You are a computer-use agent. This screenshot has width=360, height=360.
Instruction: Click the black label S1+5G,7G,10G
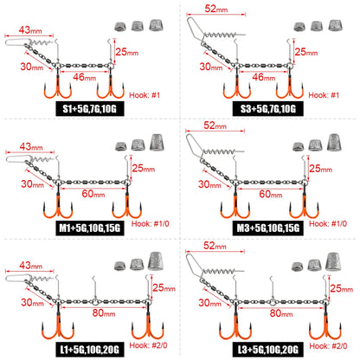click(90, 108)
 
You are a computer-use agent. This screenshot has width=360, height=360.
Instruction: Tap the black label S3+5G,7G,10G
click(268, 108)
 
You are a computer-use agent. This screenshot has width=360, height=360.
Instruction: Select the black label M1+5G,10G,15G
click(90, 228)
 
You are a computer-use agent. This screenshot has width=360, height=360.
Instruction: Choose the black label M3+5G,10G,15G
click(268, 228)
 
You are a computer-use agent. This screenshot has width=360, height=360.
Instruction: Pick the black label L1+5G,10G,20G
click(90, 350)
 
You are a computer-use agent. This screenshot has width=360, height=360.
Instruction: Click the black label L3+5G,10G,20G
click(268, 350)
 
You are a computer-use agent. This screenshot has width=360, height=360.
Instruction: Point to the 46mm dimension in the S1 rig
click(85, 77)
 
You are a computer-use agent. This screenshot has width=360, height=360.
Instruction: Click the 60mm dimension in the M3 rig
click(270, 194)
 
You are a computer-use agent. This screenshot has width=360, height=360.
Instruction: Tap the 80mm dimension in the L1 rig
click(104, 313)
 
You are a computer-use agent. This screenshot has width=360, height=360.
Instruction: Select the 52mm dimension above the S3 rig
click(216, 9)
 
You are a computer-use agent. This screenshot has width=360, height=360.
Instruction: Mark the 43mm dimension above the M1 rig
click(31, 146)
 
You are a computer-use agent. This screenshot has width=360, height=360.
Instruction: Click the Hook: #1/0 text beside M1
click(151, 223)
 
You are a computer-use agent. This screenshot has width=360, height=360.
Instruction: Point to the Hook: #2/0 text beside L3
click(328, 346)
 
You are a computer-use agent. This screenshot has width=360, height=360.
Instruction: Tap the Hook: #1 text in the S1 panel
click(145, 95)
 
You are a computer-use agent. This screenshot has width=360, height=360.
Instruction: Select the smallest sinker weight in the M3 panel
click(299, 146)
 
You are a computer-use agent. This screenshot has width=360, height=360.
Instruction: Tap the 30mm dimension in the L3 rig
click(209, 303)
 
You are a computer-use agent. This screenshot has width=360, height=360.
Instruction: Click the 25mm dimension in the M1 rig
click(144, 168)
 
